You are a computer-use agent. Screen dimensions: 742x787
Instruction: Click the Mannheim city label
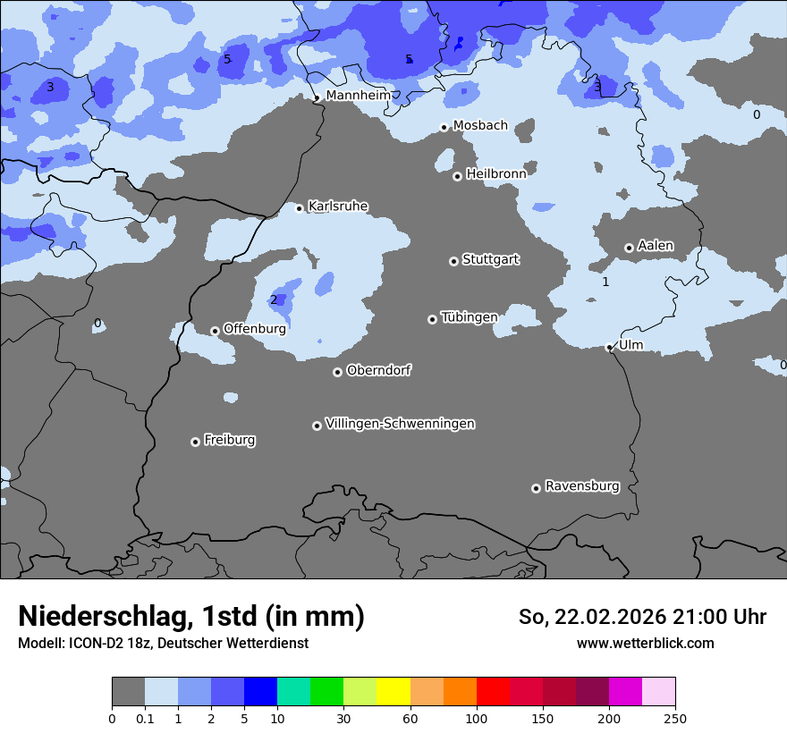tap(358, 95)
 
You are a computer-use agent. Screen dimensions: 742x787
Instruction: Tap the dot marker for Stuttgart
tap(453, 261)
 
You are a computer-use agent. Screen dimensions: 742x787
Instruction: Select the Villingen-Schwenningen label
tap(400, 424)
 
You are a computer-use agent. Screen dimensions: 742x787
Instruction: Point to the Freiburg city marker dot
tap(195, 442)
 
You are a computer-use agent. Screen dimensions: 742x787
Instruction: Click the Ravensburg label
tap(582, 486)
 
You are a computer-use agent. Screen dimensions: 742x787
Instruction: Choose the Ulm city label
tap(630, 345)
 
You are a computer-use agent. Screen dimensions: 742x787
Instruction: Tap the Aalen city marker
tap(629, 248)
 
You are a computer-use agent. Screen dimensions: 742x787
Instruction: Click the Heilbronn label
tap(495, 173)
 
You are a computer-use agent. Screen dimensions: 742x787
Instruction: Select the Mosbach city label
tap(480, 125)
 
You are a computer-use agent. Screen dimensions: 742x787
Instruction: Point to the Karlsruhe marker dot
tap(300, 208)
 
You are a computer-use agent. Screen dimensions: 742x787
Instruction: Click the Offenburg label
tap(254, 329)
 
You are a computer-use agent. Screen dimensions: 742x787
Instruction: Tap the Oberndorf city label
tap(378, 370)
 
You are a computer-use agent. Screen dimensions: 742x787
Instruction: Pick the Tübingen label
tap(469, 317)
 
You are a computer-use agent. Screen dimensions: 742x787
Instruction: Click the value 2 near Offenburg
tap(274, 299)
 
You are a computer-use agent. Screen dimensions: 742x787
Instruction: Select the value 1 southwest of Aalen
tap(605, 282)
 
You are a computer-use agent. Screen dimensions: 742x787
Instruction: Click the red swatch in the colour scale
tap(493, 691)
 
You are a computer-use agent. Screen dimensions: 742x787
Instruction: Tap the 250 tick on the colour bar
tap(674, 718)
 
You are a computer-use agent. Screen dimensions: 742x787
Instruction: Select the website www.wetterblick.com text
tap(645, 643)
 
